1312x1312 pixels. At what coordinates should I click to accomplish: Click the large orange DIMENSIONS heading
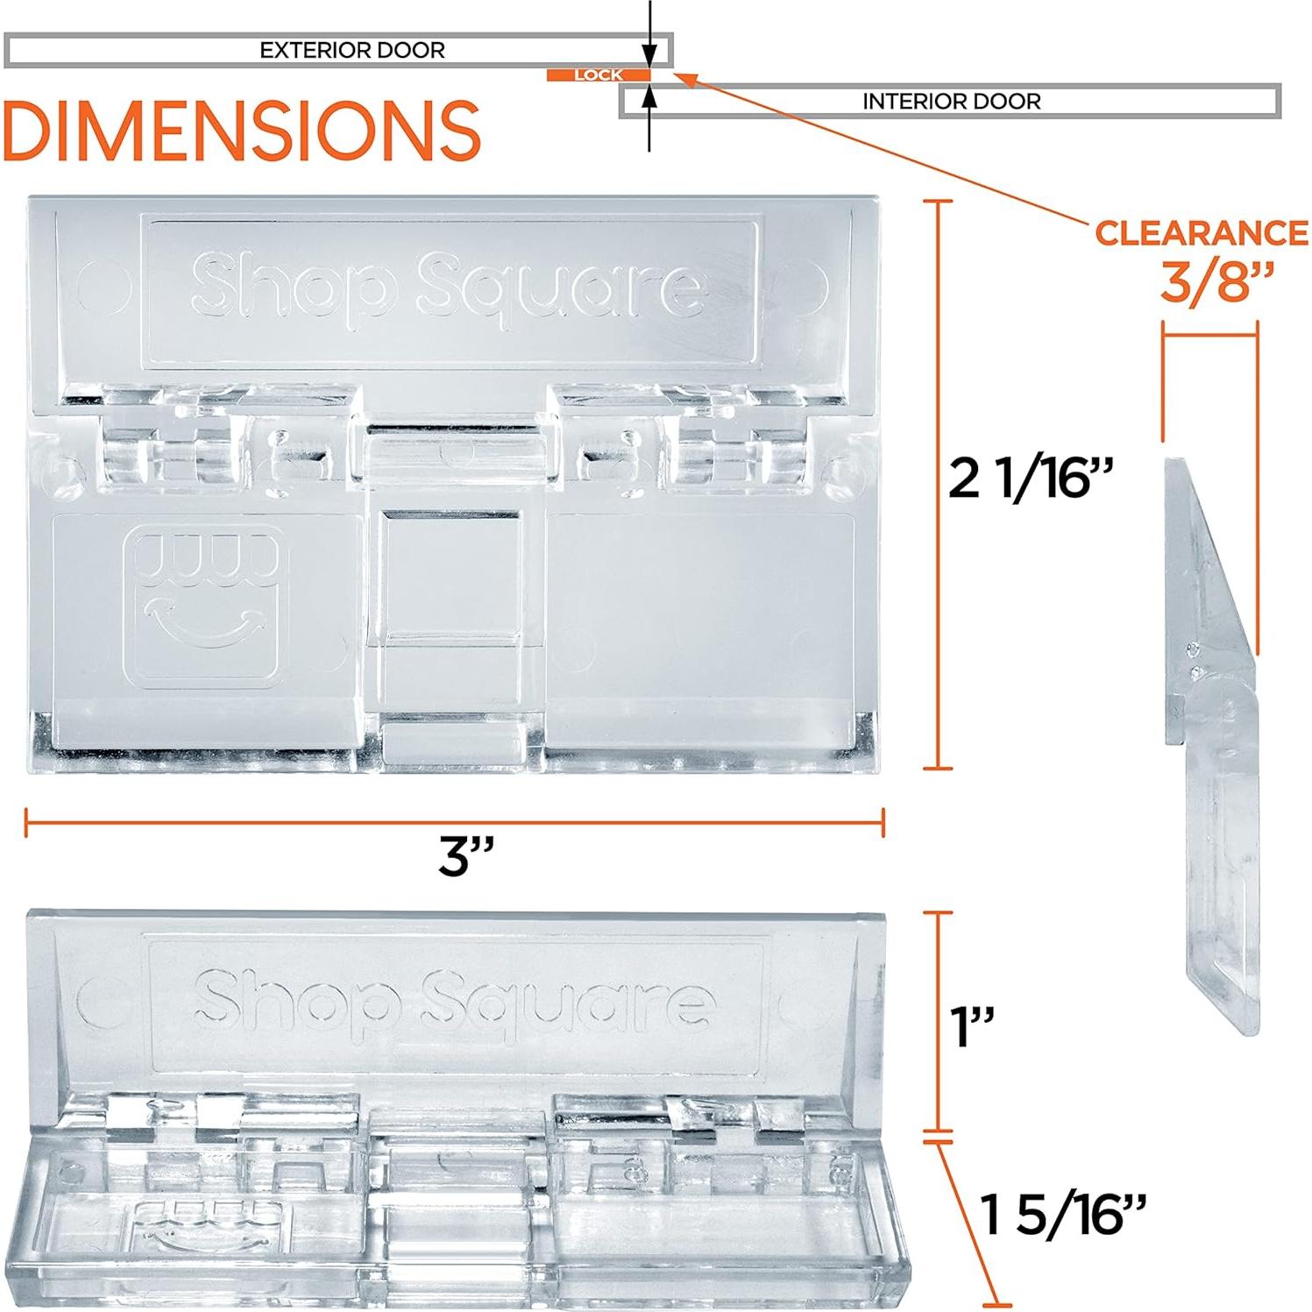click(x=241, y=130)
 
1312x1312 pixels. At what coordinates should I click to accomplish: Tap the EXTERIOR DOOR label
click(x=352, y=50)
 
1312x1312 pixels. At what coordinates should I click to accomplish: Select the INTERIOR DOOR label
click(x=951, y=102)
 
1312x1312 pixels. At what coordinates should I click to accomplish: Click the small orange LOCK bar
click(x=599, y=75)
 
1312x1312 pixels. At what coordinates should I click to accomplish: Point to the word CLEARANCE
click(x=1202, y=232)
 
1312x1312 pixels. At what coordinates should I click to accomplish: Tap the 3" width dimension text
click(x=466, y=856)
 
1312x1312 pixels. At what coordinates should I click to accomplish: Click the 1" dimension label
click(x=973, y=1026)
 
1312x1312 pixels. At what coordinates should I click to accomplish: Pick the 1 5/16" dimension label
click(x=1063, y=1214)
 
